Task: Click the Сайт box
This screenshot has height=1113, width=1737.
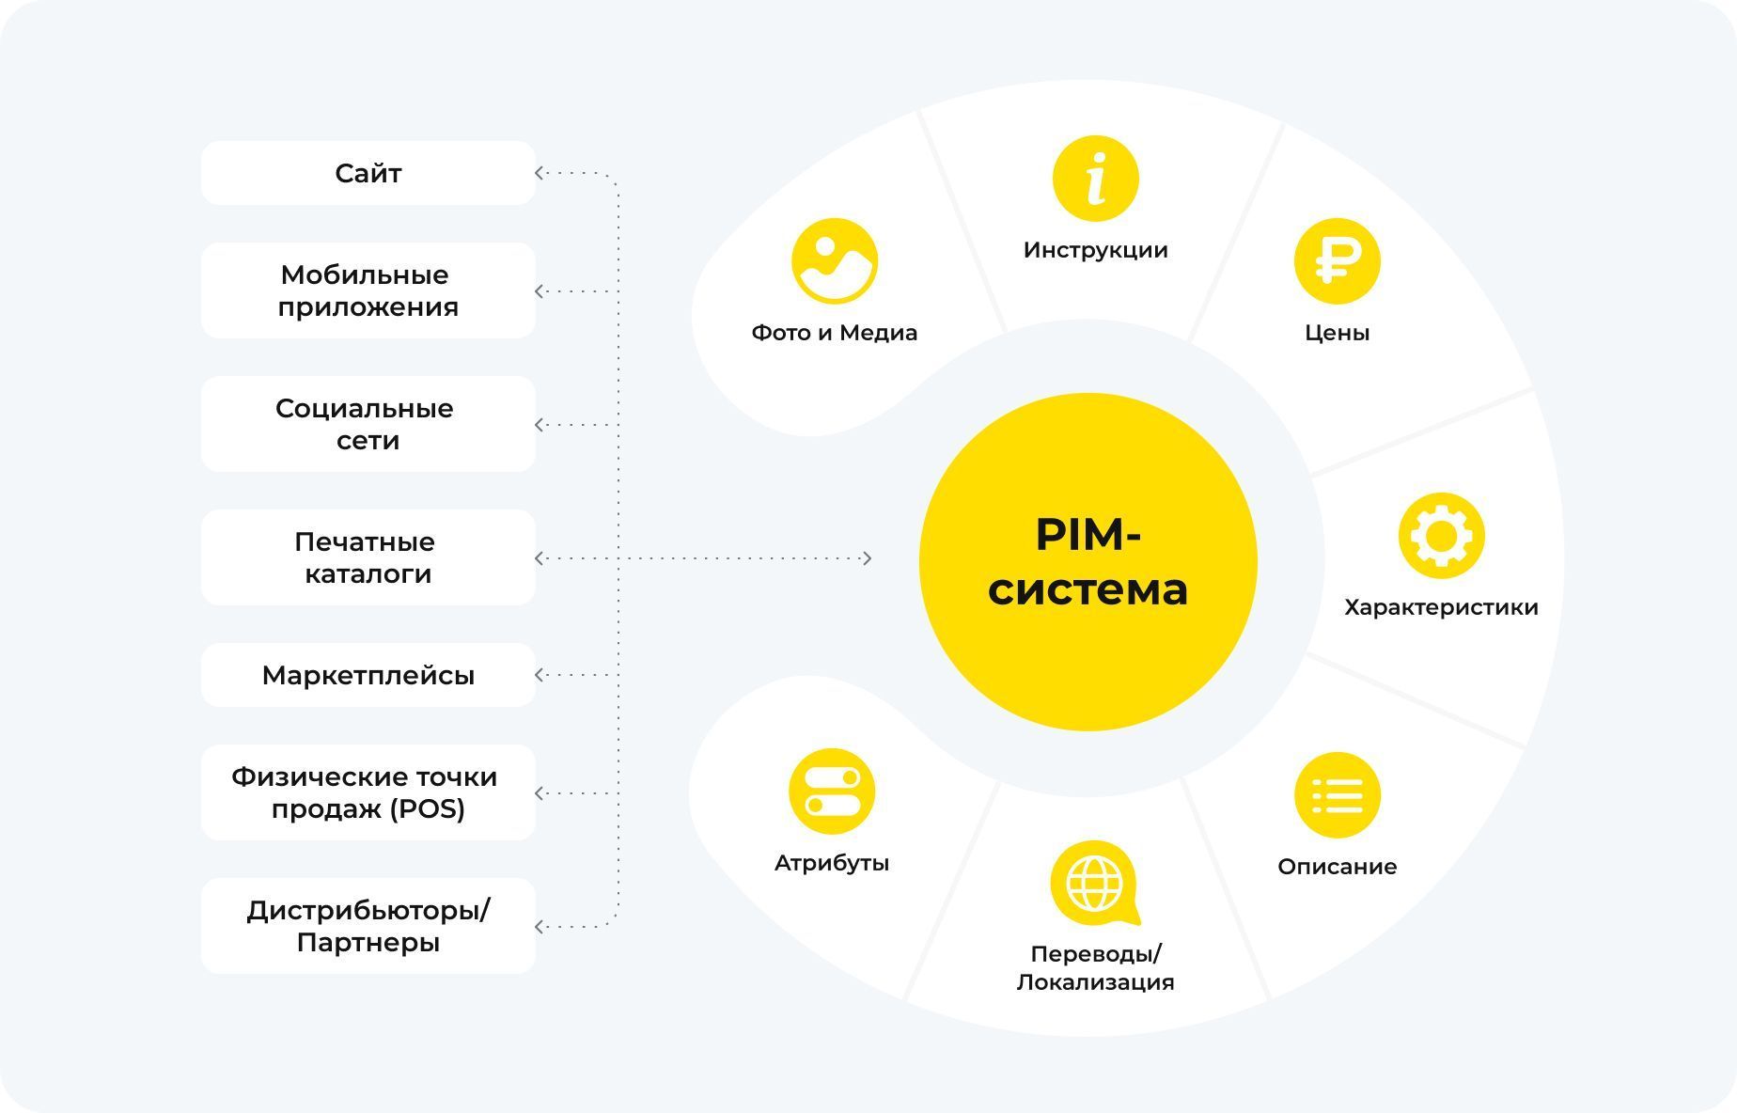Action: [368, 173]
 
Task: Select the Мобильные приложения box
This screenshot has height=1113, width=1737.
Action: [368, 290]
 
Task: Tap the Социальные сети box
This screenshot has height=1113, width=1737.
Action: [368, 424]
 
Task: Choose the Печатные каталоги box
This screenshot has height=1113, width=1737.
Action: [368, 557]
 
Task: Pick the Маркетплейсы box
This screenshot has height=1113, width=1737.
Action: [368, 675]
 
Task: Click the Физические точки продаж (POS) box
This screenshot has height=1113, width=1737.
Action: [368, 792]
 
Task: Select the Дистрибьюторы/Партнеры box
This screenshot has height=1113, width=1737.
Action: [368, 926]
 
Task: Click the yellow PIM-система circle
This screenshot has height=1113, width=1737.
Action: [1088, 561]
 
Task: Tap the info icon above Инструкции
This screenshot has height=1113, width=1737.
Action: [1095, 179]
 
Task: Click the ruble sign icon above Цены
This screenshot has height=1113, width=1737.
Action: [1337, 261]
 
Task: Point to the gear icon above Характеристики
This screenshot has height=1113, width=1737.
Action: [1441, 536]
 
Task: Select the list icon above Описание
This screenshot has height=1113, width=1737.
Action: [1337, 795]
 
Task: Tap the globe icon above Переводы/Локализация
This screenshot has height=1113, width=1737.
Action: [1094, 883]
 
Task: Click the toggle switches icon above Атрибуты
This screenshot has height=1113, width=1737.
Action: [832, 792]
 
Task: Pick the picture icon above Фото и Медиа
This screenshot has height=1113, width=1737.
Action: [834, 261]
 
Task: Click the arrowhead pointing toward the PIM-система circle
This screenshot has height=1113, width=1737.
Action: [867, 558]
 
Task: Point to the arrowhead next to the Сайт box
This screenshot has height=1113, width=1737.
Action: [540, 173]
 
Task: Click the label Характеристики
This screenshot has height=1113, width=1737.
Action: [1441, 607]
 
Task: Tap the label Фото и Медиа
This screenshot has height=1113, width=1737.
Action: [834, 333]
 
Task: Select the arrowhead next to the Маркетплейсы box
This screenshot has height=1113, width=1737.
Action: [540, 675]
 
